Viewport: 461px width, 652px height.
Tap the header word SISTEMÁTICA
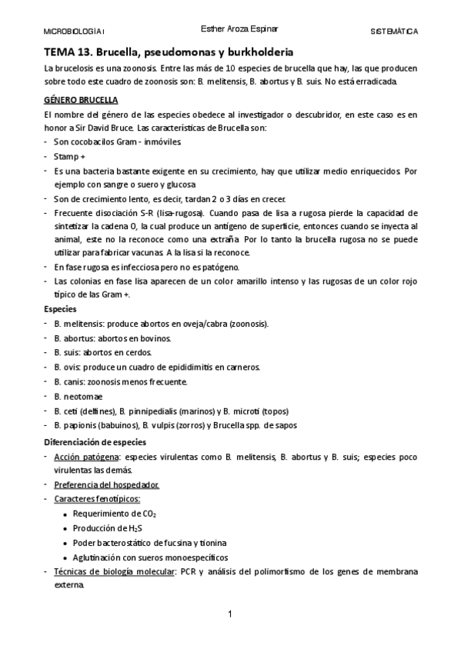pyautogui.click(x=394, y=32)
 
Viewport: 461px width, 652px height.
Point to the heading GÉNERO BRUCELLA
pyautogui.click(x=80, y=99)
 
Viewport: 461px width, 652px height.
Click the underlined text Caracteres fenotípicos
pyautogui.click(x=97, y=499)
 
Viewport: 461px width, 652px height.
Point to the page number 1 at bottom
pyautogui.click(x=229, y=614)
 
